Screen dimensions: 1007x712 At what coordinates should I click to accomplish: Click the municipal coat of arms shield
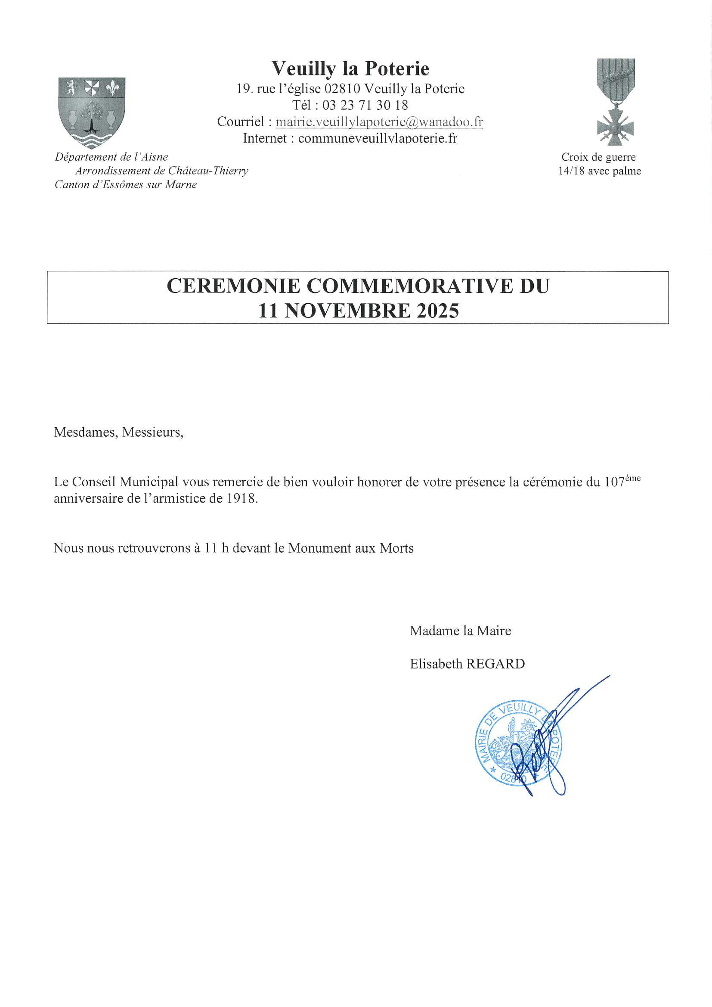coord(92,112)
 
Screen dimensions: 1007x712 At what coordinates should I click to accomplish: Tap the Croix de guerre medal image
coord(615,102)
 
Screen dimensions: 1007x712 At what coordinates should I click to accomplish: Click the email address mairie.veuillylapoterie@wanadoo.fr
coord(379,122)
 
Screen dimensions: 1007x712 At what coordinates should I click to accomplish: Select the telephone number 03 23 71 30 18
coord(365,105)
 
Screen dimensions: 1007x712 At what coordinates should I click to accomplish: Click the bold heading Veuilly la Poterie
coord(350,68)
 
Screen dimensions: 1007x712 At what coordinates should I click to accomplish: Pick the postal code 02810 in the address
coord(342,89)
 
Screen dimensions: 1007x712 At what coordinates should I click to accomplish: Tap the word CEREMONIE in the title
coord(233,286)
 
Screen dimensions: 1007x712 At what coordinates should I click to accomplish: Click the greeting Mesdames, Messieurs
coord(118,432)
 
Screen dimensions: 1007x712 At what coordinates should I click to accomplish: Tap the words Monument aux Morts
coord(350,548)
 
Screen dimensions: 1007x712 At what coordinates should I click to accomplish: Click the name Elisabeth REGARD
coord(467,664)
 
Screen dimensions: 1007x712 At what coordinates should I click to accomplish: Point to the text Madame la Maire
coord(460,631)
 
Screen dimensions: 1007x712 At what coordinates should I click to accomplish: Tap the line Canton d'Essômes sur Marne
coord(125,185)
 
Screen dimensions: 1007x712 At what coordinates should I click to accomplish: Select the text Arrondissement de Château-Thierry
coord(161,171)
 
